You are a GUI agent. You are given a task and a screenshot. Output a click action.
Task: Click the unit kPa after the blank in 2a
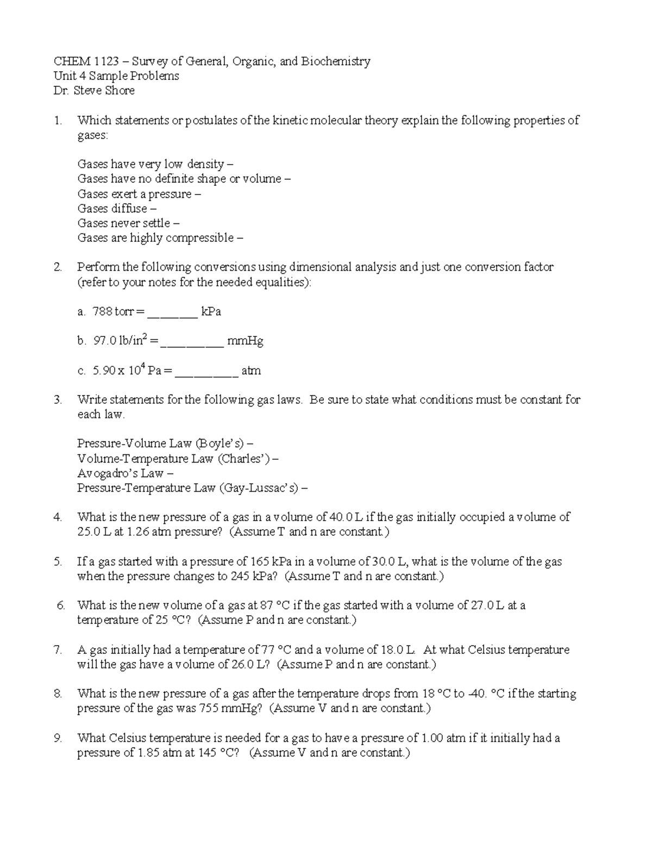211,312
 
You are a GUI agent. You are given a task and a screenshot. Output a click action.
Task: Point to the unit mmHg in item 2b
245,341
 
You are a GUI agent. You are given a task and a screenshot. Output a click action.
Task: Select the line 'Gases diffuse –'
117,209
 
